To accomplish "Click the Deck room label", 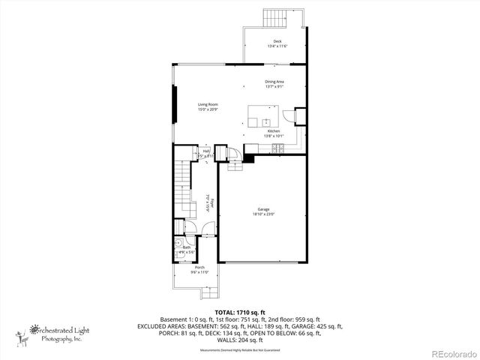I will pos(277,41).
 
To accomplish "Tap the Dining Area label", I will pos(274,82).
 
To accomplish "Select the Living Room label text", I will pos(208,104).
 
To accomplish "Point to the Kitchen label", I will pos(274,131).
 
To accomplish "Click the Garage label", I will pos(262,210).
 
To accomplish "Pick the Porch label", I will pos(199,268).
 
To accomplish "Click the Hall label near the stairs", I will pos(205,151).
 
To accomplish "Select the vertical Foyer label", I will pos(212,202).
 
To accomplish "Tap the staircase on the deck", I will pos(273,17).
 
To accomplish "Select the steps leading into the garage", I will pos(235,165).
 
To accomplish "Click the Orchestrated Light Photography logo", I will pos(56,332).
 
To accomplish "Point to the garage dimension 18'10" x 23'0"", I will pos(262,214).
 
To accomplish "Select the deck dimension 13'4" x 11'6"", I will pos(277,46).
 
